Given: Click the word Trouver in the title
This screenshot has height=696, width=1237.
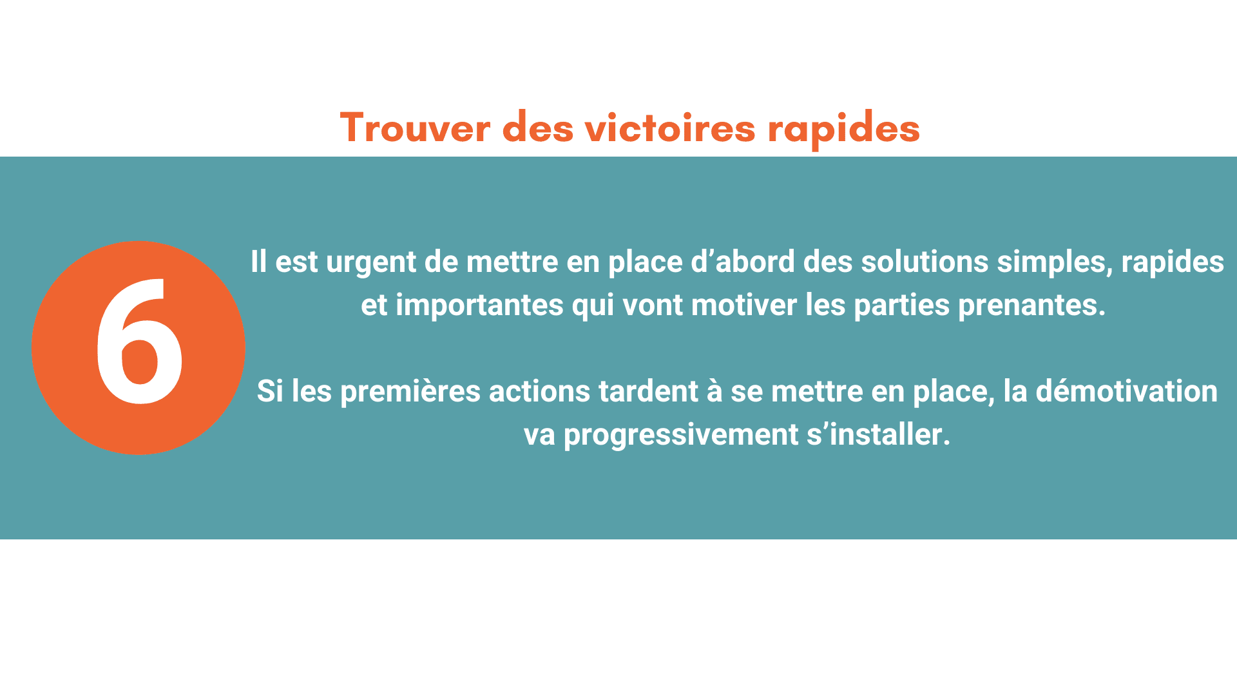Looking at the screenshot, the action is [415, 128].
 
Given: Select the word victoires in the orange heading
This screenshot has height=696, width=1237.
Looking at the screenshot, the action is [670, 127].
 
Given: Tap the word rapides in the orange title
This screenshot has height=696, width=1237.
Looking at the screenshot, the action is [843, 130].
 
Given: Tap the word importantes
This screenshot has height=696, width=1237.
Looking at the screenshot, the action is [479, 305].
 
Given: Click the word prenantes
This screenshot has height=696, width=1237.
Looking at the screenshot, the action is [1031, 305].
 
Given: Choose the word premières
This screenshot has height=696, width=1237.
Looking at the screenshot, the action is [410, 392].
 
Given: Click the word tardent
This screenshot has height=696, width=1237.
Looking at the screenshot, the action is [648, 391].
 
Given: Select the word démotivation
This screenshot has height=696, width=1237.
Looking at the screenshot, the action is [1126, 391].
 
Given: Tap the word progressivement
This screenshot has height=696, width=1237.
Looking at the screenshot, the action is [681, 435].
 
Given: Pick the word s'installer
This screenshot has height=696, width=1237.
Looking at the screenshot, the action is [879, 434].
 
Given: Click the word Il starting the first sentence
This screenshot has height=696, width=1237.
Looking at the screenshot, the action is [258, 262].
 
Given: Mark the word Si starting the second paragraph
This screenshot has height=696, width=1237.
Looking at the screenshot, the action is [270, 391].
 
